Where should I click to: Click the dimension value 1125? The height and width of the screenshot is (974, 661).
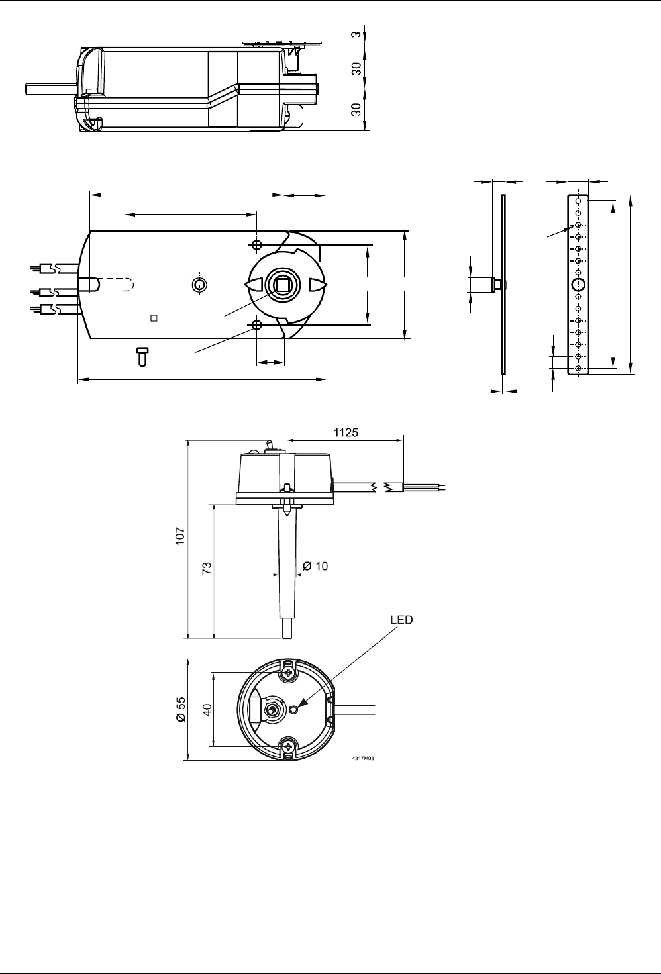tap(346, 432)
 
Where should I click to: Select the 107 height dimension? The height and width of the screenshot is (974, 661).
tap(180, 536)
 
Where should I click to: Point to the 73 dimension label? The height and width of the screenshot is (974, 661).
tap(207, 568)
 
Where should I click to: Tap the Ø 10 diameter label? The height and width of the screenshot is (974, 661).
tap(315, 566)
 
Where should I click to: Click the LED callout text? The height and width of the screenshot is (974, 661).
tap(401, 620)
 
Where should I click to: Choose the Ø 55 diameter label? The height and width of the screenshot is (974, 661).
tap(180, 710)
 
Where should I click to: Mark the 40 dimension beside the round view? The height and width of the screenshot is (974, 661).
tap(207, 710)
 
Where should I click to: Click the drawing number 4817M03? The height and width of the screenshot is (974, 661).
tap(363, 758)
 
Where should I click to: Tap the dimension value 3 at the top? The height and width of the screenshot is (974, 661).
tap(356, 34)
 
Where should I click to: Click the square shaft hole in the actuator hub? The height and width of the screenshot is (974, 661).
tap(283, 285)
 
